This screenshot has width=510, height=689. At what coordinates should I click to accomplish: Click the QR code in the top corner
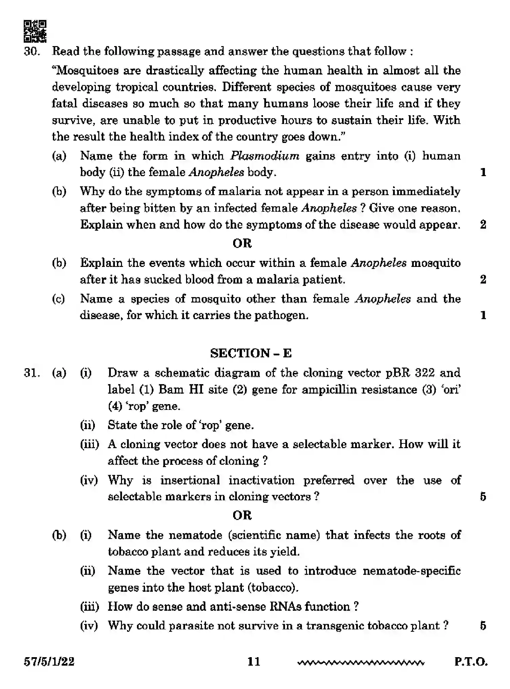35,31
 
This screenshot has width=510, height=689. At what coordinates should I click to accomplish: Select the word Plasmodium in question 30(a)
265,156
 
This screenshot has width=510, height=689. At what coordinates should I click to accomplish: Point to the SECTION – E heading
250,353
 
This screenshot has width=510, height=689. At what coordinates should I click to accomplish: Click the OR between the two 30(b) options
242,243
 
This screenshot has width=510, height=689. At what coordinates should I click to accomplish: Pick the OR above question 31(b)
242,515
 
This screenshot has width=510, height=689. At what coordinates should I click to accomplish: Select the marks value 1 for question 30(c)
483,315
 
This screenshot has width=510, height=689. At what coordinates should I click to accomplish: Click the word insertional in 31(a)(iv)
189,480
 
